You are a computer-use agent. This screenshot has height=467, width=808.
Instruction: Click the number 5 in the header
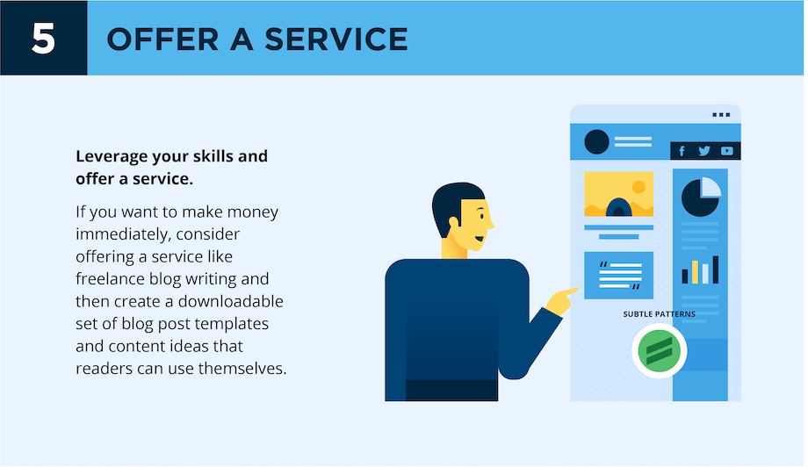click(x=43, y=39)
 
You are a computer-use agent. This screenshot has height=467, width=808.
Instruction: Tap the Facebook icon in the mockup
click(x=682, y=151)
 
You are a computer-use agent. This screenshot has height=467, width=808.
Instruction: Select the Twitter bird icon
click(x=704, y=151)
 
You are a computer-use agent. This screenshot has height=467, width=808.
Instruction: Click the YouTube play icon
click(x=727, y=151)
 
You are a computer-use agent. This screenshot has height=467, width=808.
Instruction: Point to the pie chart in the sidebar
click(x=701, y=197)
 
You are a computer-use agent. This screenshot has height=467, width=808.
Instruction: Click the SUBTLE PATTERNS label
click(x=659, y=314)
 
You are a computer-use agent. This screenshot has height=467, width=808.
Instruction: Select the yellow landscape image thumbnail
click(x=618, y=195)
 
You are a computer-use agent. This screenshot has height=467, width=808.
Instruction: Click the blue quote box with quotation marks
click(x=618, y=275)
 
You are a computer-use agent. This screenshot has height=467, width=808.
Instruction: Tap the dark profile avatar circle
click(x=596, y=141)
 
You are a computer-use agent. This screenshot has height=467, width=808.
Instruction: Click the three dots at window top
click(x=721, y=115)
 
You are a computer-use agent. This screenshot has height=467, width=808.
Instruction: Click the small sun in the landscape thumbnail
click(x=638, y=186)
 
